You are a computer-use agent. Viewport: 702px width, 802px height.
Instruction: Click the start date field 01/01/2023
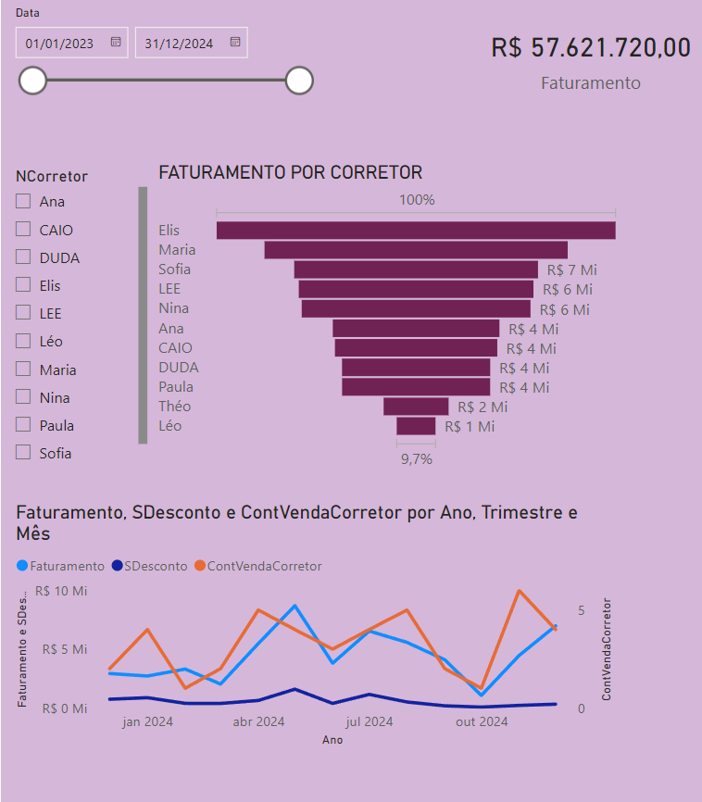(60, 43)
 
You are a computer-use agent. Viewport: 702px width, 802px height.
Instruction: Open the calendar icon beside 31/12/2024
(235, 42)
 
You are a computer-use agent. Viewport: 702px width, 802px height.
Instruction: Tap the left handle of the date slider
(32, 81)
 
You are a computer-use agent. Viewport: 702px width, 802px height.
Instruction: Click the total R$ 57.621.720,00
(591, 48)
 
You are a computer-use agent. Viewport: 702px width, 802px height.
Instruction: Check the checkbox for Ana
(23, 201)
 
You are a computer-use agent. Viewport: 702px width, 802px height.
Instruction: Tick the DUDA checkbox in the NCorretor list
(23, 257)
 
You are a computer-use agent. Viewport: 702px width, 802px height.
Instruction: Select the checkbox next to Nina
(23, 397)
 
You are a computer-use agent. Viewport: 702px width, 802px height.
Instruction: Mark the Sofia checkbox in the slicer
(23, 453)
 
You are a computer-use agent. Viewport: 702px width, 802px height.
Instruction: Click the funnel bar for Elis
(416, 231)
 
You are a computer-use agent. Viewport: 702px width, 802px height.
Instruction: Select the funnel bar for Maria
(416, 250)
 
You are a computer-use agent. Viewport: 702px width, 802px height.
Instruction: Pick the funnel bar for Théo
(416, 406)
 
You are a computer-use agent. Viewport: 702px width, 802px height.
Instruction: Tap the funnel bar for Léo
(416, 425)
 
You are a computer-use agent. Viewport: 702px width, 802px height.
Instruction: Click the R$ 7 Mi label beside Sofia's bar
(571, 269)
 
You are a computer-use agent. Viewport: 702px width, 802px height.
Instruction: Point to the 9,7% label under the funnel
(416, 458)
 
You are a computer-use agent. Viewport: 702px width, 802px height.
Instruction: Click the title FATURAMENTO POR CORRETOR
(291, 172)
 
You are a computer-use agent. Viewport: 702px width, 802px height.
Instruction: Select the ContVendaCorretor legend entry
(264, 565)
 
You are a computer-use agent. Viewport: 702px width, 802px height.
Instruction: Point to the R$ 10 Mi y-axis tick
(61, 591)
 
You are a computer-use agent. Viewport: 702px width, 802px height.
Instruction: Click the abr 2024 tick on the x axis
(258, 721)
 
